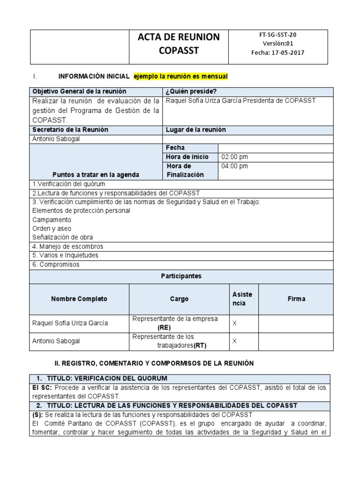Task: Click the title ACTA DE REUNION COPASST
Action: click(x=179, y=44)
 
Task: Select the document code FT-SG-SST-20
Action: click(x=277, y=35)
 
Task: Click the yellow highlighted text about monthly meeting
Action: click(x=180, y=76)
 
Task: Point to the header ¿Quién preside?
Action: click(x=191, y=91)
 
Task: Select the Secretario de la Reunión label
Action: click(x=70, y=130)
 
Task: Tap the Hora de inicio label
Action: click(x=187, y=157)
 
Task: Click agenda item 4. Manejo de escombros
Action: click(x=67, y=247)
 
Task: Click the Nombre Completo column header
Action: click(x=79, y=299)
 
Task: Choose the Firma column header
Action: click(x=297, y=299)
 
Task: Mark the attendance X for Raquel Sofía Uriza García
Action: click(x=234, y=323)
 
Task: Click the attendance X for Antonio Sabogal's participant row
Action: click(x=234, y=341)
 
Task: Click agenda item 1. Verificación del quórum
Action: click(x=68, y=184)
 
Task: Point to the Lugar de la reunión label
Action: click(x=195, y=130)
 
